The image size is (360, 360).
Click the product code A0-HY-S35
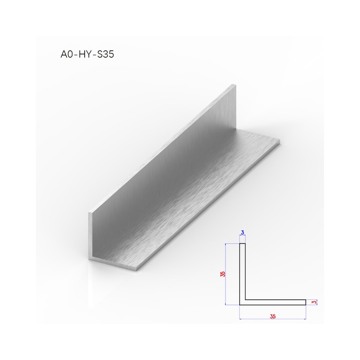coord(87,54)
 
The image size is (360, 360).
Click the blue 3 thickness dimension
coord(242,233)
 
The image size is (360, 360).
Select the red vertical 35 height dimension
coord(223,274)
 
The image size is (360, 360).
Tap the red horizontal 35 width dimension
coord(273,316)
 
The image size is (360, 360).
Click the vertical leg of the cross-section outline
coord(242,274)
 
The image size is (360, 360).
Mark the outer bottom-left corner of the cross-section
coord(239,305)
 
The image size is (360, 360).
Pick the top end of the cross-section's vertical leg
coord(242,244)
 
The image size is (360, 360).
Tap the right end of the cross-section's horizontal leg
coord(306,302)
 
